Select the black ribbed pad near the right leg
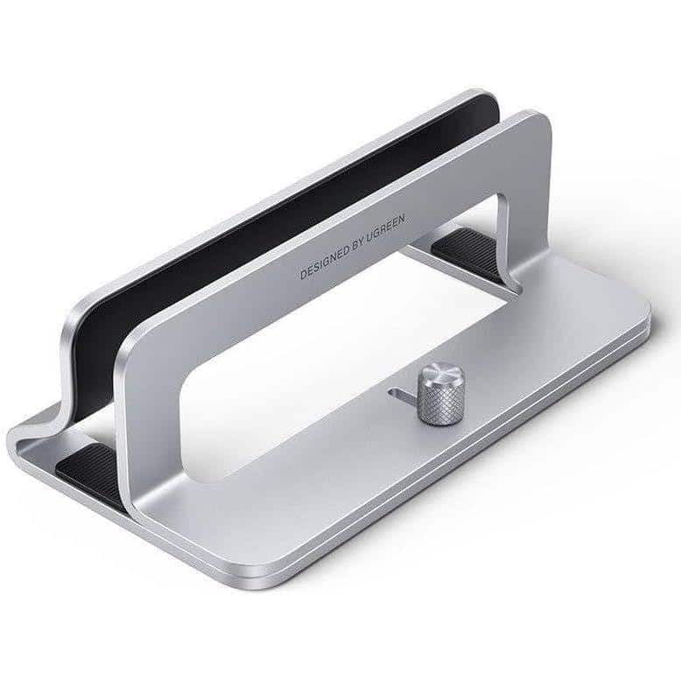(x=464, y=245)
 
